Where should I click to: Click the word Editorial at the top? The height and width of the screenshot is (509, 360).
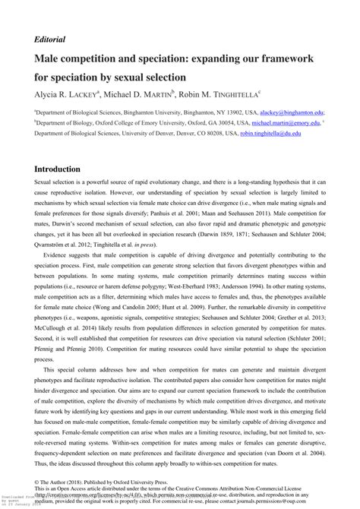click(50, 39)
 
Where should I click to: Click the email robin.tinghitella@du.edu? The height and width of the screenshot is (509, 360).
click(270, 133)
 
